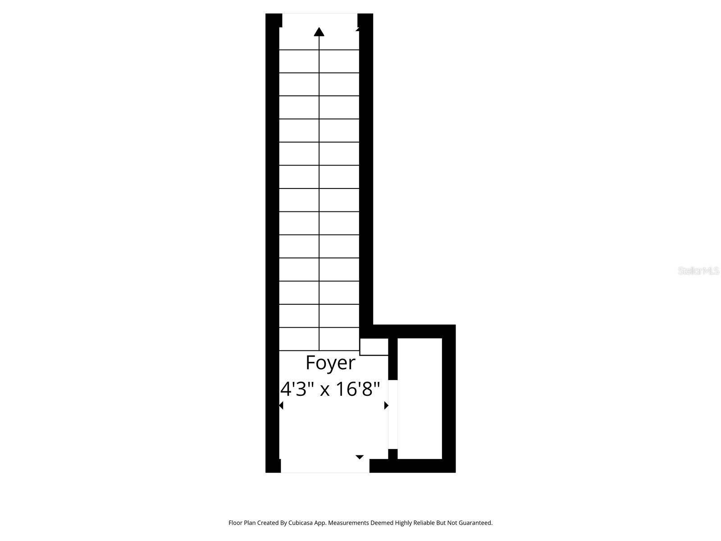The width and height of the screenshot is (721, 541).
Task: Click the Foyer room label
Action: coord(330,362)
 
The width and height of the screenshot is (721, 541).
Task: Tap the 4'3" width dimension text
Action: coord(297,389)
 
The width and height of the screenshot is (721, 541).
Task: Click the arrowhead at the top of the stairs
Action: coord(319,32)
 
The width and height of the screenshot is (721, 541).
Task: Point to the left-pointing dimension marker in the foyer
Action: coord(281,406)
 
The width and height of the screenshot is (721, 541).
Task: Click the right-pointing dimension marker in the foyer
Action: coord(386,406)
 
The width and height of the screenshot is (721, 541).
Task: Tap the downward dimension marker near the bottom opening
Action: coord(360,457)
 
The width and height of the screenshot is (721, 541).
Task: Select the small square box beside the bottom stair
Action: coord(374,347)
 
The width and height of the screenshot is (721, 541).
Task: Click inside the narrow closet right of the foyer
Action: coord(419,399)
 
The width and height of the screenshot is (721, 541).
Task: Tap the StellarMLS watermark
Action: coord(698,271)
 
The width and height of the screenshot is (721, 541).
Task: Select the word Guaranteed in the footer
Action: coord(476,523)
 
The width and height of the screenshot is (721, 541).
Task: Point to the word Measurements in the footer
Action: coord(348,523)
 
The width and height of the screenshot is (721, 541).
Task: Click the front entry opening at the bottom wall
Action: coord(325,466)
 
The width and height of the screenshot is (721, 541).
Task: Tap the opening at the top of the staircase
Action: coord(319,20)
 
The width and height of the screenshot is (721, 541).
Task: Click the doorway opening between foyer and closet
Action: coord(393,415)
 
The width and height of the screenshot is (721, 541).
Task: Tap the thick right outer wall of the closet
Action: coord(449,399)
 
